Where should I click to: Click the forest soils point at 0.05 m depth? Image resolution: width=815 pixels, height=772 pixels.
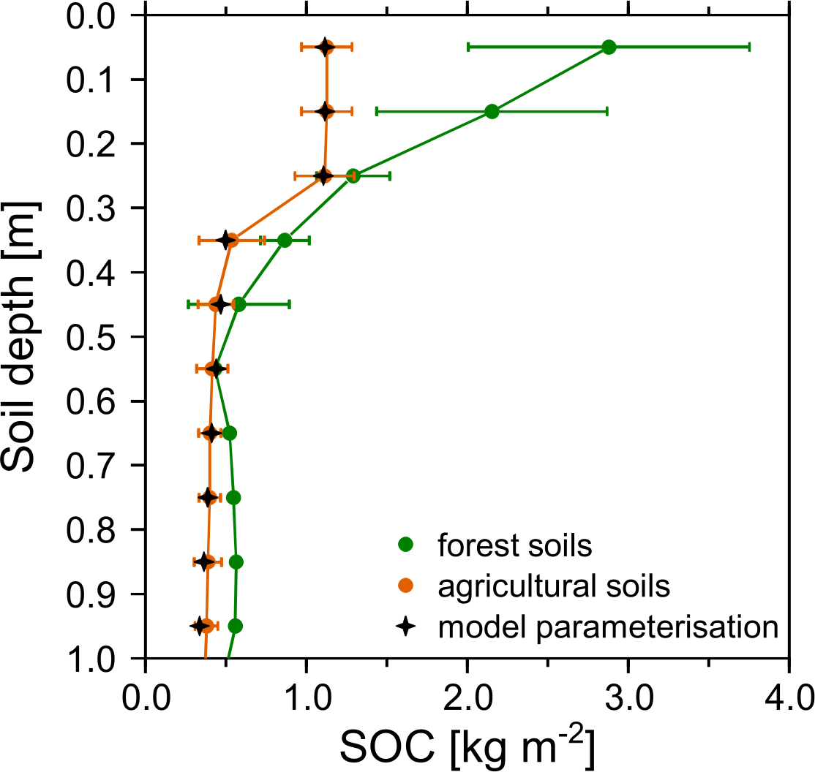click(609, 48)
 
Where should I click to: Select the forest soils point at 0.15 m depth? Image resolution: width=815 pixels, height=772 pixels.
click(492, 111)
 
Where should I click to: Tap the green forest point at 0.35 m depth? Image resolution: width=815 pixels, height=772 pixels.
click(285, 241)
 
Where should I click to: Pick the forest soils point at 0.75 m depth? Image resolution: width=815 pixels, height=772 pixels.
click(233, 498)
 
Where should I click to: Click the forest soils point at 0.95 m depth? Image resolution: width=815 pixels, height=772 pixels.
click(235, 626)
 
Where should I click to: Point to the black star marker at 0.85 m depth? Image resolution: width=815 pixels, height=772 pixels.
click(203, 562)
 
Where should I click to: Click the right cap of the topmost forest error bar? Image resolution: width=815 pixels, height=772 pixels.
click(749, 47)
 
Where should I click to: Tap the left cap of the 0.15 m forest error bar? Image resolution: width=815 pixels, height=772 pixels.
click(376, 111)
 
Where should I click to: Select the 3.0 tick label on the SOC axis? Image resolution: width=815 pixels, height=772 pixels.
click(628, 700)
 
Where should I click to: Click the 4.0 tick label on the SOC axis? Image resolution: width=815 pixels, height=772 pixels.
click(787, 700)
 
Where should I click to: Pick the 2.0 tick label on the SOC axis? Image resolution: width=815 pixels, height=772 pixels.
click(467, 700)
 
